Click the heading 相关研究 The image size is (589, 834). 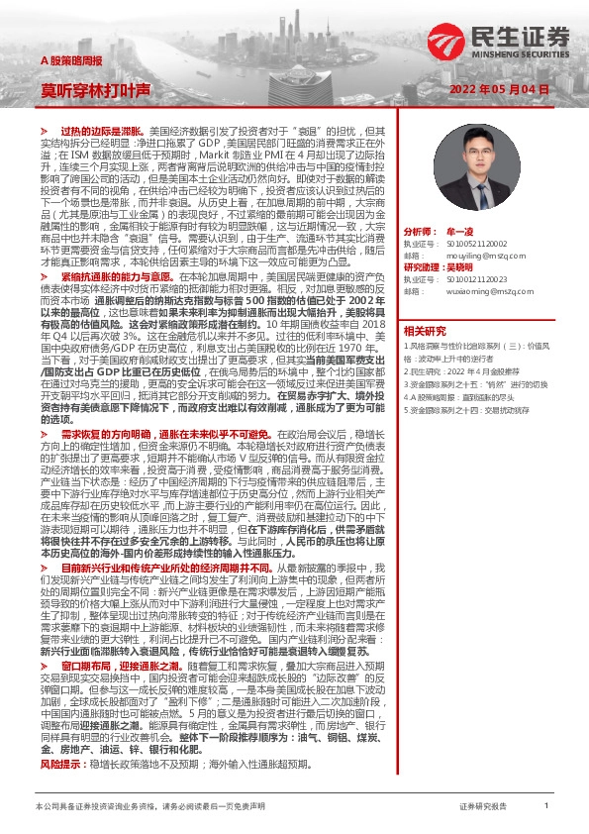tap(426, 330)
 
